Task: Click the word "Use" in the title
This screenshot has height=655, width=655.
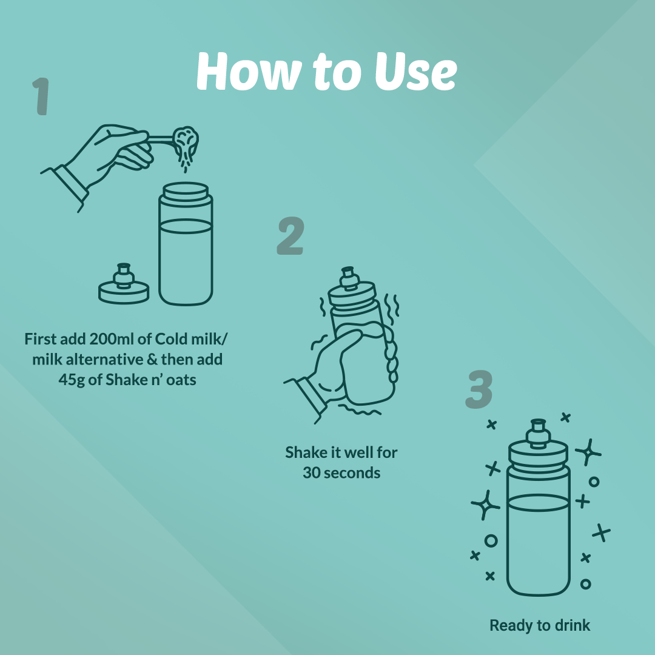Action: [x=415, y=72]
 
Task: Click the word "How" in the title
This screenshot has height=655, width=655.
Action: [x=249, y=72]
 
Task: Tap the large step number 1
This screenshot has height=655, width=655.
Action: [x=41, y=96]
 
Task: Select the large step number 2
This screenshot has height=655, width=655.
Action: [x=291, y=235]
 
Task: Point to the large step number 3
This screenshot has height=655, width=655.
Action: [x=479, y=389]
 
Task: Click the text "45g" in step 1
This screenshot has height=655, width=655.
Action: [x=72, y=380]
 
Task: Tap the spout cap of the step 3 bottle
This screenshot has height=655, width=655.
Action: [x=538, y=432]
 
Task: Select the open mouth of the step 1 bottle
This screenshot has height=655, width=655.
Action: [x=186, y=190]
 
